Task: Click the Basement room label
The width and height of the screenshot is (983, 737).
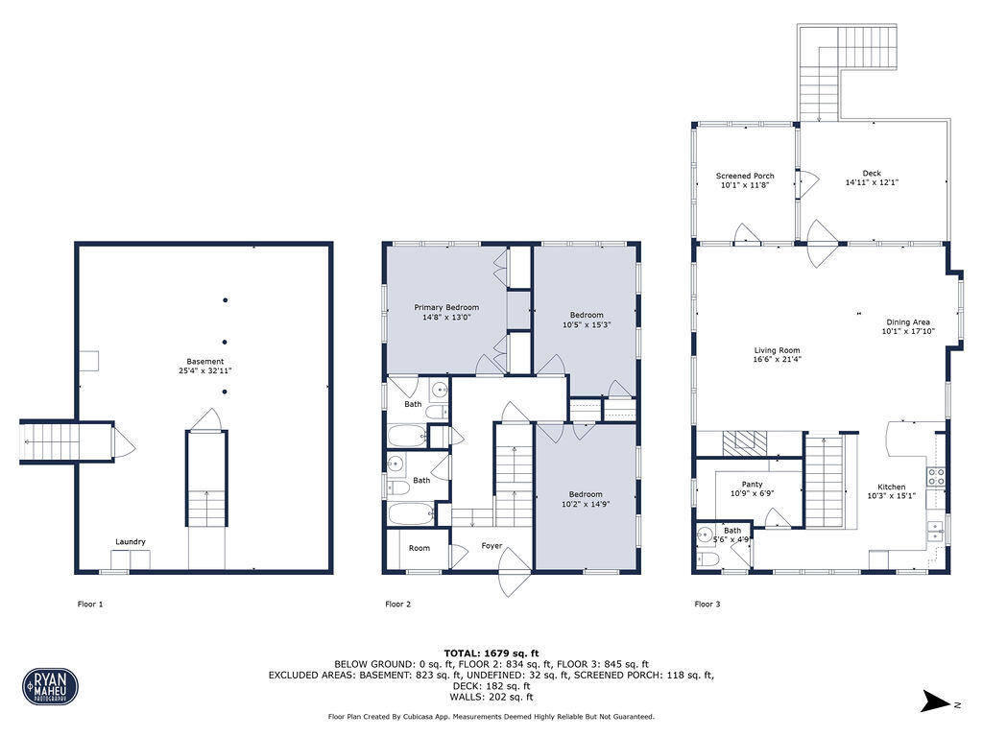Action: tap(205, 361)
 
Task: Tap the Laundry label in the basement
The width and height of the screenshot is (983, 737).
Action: tap(131, 542)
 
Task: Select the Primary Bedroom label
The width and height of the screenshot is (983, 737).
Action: tap(446, 307)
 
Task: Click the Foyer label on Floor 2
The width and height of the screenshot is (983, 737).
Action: tap(491, 546)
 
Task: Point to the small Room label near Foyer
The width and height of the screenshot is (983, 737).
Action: tap(420, 548)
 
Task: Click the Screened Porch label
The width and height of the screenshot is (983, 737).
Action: tap(745, 176)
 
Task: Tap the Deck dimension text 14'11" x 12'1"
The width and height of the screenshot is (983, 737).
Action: tap(872, 182)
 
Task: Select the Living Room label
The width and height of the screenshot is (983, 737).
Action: tap(777, 350)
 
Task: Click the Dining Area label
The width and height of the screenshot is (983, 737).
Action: tap(907, 322)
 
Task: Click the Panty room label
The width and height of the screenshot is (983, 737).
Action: tap(752, 485)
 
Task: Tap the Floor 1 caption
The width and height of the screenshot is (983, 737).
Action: tap(90, 605)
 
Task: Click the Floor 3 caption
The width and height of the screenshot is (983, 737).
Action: tap(707, 605)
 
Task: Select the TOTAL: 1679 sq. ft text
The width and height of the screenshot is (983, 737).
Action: tap(491, 653)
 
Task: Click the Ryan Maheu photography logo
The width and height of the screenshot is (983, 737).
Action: tap(50, 686)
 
